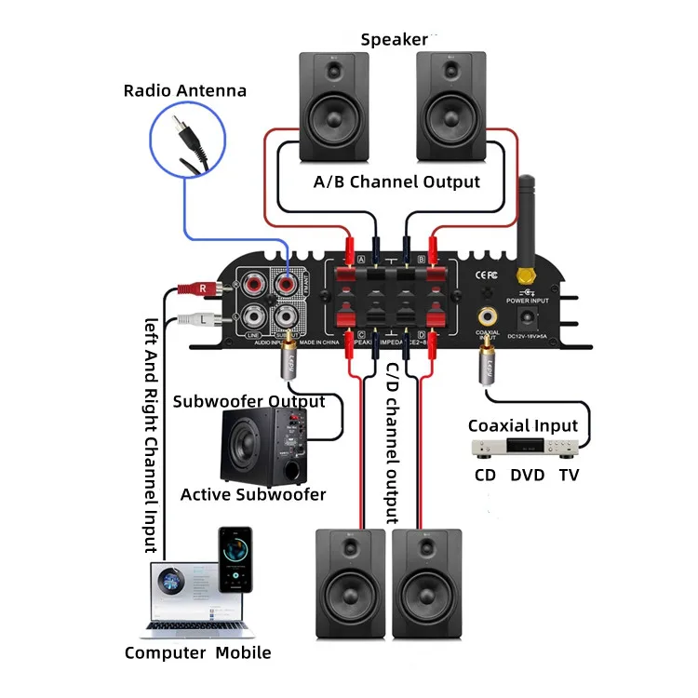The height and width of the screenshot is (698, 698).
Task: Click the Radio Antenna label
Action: [x=185, y=90]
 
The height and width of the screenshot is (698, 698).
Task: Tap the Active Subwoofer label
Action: [x=253, y=494]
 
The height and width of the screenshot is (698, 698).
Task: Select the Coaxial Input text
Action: [x=522, y=426]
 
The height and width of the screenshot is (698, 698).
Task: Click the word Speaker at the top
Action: [x=394, y=39]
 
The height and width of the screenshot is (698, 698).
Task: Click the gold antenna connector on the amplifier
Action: [x=526, y=276]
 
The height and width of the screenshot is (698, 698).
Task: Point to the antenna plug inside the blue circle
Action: [x=190, y=141]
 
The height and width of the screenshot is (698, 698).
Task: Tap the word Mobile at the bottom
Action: [x=243, y=652]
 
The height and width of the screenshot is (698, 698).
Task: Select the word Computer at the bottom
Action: [x=164, y=652]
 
